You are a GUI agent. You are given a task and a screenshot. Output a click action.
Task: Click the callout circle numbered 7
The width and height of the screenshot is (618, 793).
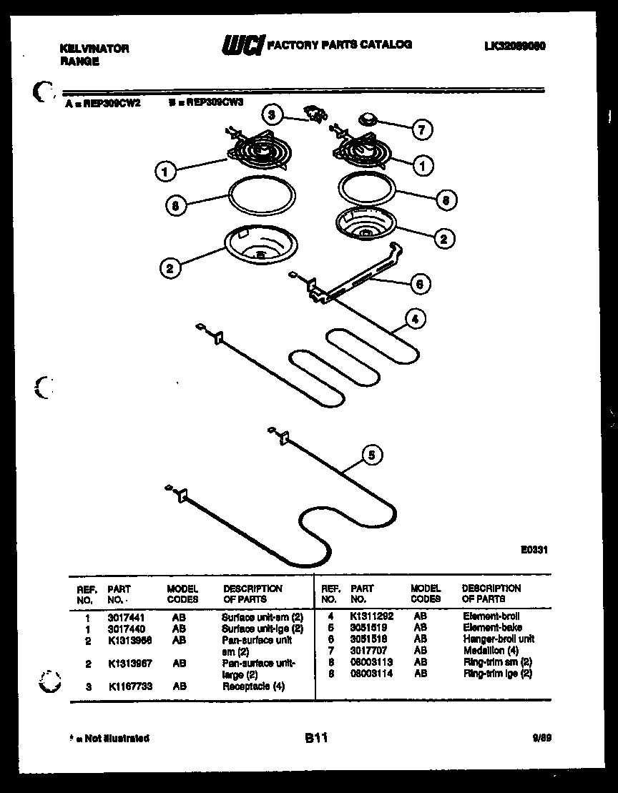pyautogui.click(x=421, y=129)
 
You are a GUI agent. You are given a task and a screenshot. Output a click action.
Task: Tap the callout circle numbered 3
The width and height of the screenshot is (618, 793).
pyautogui.click(x=271, y=114)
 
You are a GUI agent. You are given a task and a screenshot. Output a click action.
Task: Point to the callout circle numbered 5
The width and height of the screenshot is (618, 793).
pyautogui.click(x=372, y=454)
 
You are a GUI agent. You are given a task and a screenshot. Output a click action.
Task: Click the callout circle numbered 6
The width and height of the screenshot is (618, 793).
pyautogui.click(x=420, y=284)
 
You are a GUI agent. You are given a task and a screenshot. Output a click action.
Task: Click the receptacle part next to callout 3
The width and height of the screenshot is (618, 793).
pyautogui.click(x=314, y=113)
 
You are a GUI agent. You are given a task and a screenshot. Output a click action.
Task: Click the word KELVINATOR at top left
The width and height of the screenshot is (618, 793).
pyautogui.click(x=94, y=49)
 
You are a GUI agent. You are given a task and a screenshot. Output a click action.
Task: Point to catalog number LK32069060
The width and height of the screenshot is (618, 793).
pyautogui.click(x=515, y=46)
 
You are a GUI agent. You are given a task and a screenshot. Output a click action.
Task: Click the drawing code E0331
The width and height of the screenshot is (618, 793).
pyautogui.click(x=534, y=550)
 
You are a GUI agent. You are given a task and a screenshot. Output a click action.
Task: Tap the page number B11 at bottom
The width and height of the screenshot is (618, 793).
pyautogui.click(x=315, y=739)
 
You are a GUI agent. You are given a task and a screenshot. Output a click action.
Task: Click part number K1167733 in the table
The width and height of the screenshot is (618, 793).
pyautogui.click(x=130, y=686)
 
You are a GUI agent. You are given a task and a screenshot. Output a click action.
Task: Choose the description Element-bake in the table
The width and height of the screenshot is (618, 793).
pyautogui.click(x=492, y=627)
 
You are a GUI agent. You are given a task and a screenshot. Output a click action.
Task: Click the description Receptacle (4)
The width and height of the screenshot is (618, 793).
pyautogui.click(x=253, y=686)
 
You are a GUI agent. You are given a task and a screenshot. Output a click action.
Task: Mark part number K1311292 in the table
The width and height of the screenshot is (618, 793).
pyautogui.click(x=371, y=616)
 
